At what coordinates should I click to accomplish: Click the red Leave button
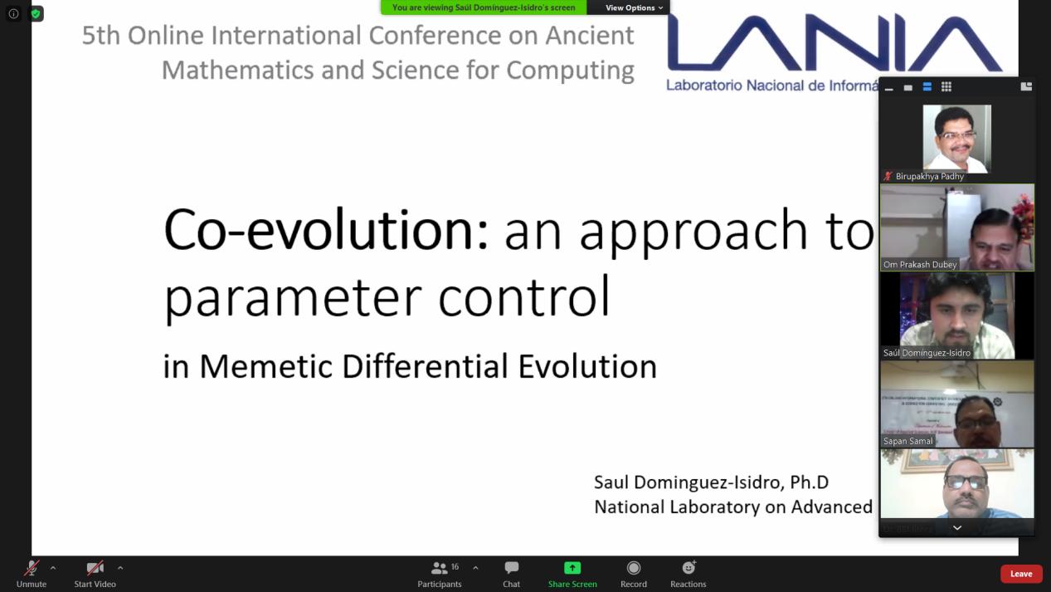coord(1020,574)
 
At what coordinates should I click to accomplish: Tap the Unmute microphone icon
coord(32,568)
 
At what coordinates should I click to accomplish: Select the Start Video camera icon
coord(95,568)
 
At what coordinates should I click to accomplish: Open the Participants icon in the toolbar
coord(440,568)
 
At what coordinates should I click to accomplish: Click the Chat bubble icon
coord(511,568)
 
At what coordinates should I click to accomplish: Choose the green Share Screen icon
coord(572,568)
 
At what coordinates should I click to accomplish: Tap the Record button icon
coord(634,568)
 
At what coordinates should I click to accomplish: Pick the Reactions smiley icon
coord(689,568)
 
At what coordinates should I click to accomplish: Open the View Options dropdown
coord(634,7)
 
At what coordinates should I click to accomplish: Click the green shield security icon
coord(36,13)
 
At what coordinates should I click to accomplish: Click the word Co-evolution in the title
coord(325,229)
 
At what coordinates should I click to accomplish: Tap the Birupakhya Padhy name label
coord(929,176)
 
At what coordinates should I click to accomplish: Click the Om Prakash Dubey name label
coord(920,265)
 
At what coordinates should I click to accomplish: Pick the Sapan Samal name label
coord(907,441)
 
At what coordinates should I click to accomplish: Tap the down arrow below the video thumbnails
coord(956,528)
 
